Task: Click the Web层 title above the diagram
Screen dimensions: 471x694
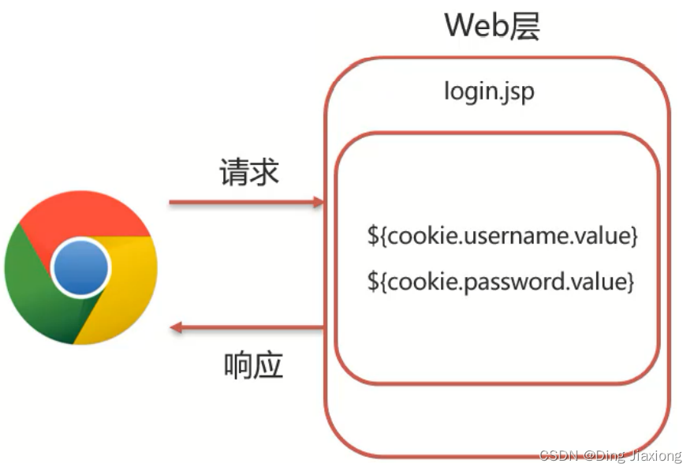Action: point(493,26)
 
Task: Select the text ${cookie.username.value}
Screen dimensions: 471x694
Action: point(502,235)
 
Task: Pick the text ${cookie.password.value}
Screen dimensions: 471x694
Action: point(500,281)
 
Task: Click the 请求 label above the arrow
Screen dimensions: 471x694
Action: point(249,172)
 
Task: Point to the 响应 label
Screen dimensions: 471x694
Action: point(253,366)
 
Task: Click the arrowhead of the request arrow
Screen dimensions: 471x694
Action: point(318,203)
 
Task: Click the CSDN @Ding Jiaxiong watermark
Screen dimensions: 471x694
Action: point(610,456)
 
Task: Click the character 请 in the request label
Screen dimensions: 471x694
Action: point(234,172)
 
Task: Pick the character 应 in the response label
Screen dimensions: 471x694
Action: point(269,366)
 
